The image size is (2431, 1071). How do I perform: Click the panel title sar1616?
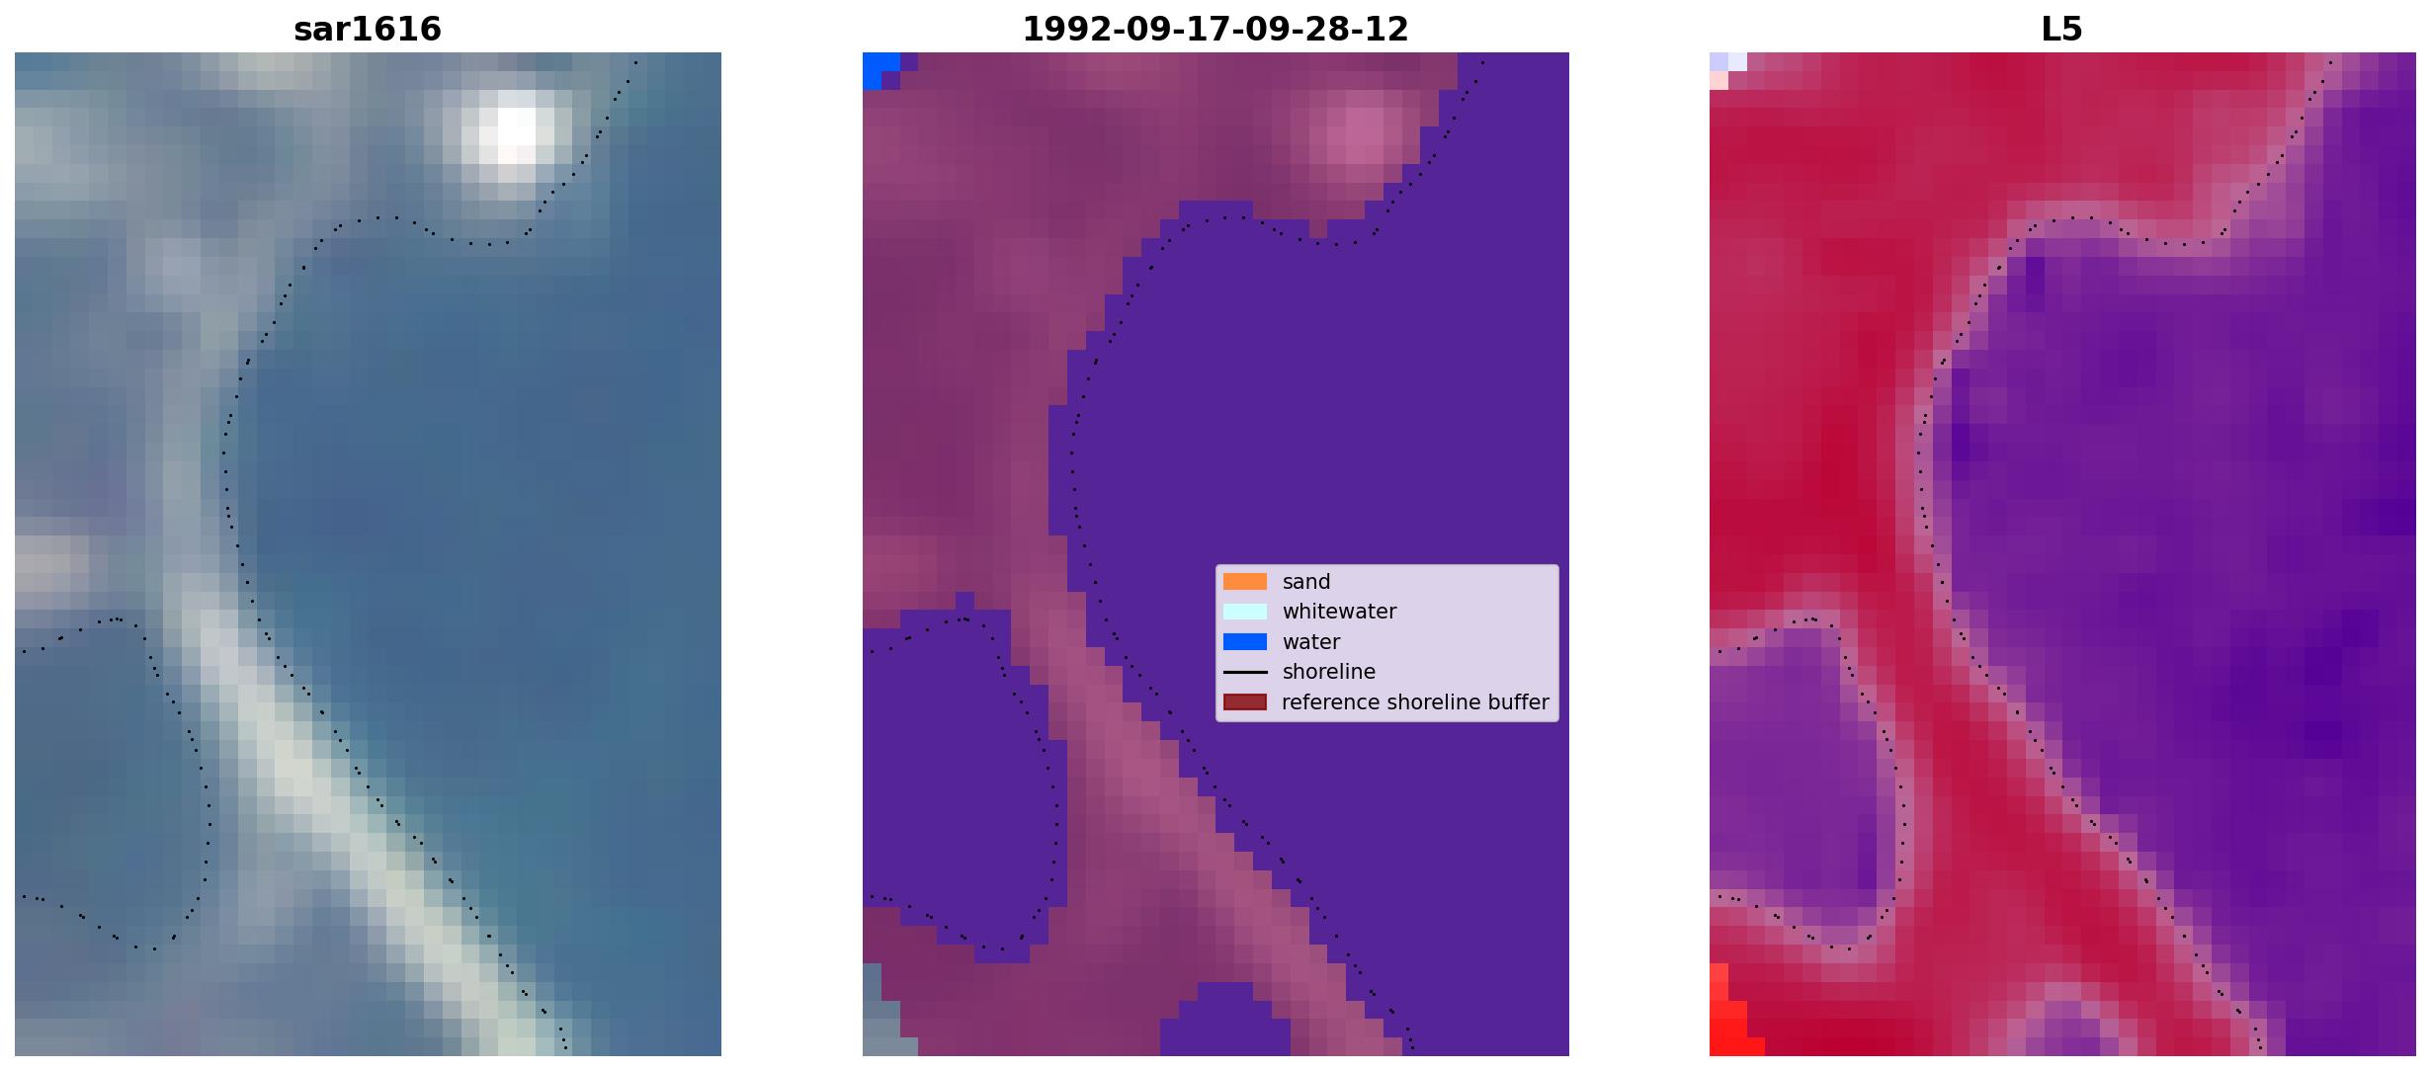(x=368, y=29)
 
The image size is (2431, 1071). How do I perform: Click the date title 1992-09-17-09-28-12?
(x=1215, y=29)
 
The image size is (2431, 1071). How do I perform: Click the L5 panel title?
(x=2062, y=29)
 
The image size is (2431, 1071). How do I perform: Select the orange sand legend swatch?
(x=1245, y=582)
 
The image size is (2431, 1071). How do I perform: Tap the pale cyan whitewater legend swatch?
(x=1245, y=612)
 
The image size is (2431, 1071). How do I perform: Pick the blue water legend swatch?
(x=1245, y=642)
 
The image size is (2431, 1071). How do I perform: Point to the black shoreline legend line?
(x=1245, y=672)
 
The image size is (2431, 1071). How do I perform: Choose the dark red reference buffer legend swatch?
(x=1245, y=702)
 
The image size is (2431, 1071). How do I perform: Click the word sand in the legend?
(x=1306, y=582)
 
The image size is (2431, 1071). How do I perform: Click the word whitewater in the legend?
(x=1339, y=612)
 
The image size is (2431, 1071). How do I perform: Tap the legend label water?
(x=1311, y=642)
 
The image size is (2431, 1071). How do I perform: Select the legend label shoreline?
(x=1329, y=672)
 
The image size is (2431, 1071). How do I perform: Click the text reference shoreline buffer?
(x=1415, y=702)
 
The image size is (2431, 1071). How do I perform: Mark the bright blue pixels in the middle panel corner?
(x=880, y=69)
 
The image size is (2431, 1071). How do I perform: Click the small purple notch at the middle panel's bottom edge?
(x=1225, y=1020)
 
